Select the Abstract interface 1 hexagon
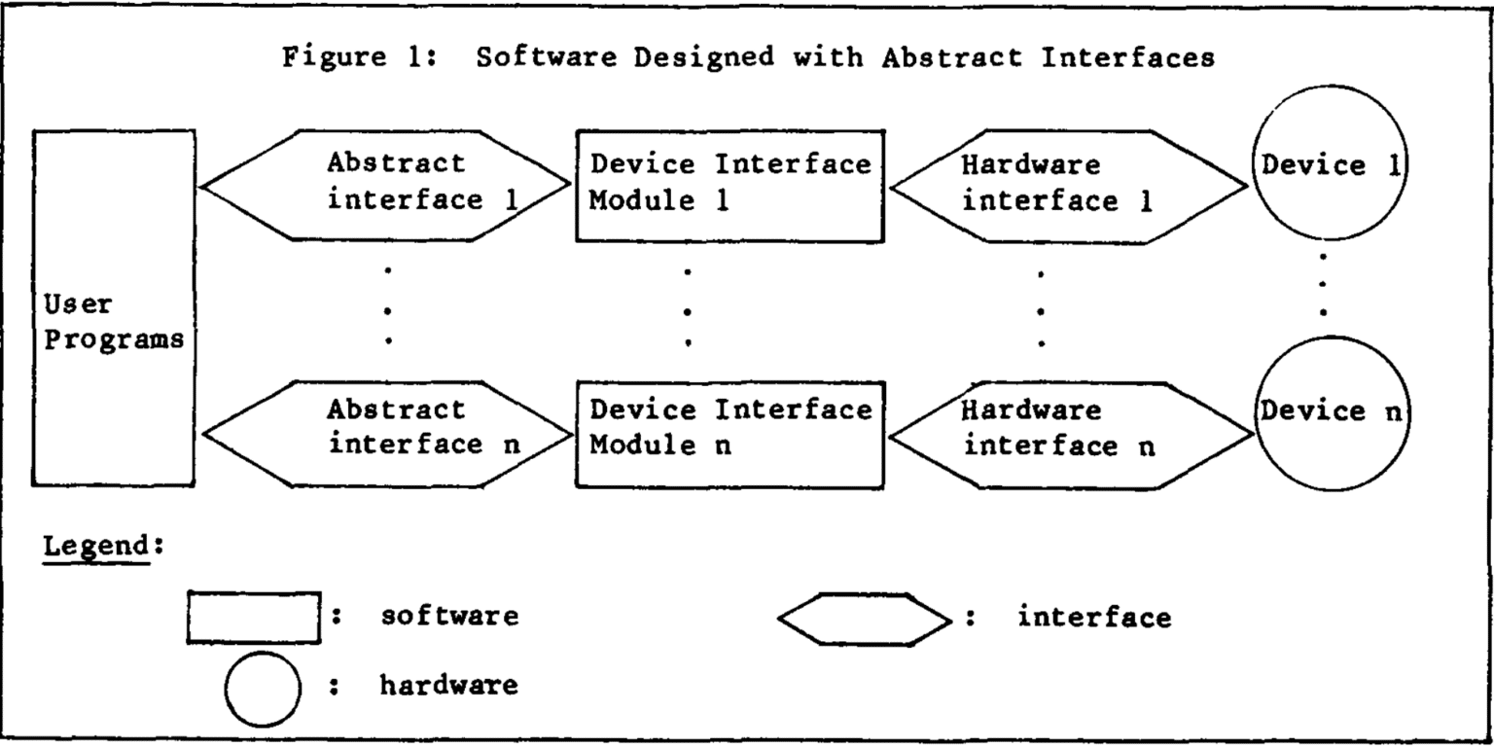coord(386,185)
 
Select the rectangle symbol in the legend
coord(253,617)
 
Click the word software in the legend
coord(448,616)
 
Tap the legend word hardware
coord(448,686)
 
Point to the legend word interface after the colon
coord(1094,616)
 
